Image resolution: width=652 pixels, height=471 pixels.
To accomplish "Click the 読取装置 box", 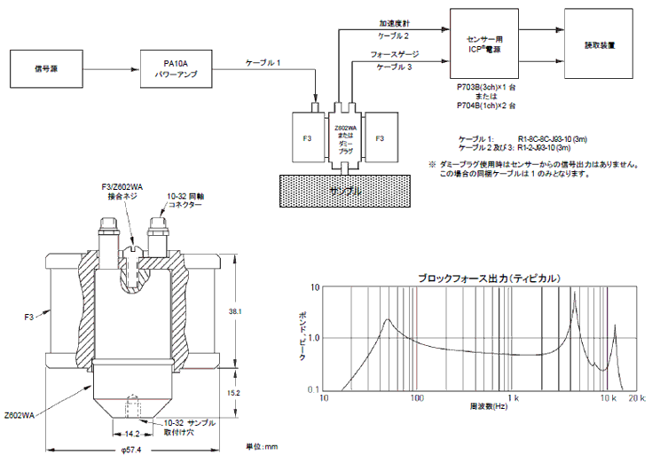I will pyautogui.click(x=599, y=43).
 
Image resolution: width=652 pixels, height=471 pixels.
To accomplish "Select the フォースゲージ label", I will pyautogui.click(x=394, y=55).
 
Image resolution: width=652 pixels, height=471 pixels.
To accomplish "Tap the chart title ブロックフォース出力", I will pyautogui.click(x=489, y=278).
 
